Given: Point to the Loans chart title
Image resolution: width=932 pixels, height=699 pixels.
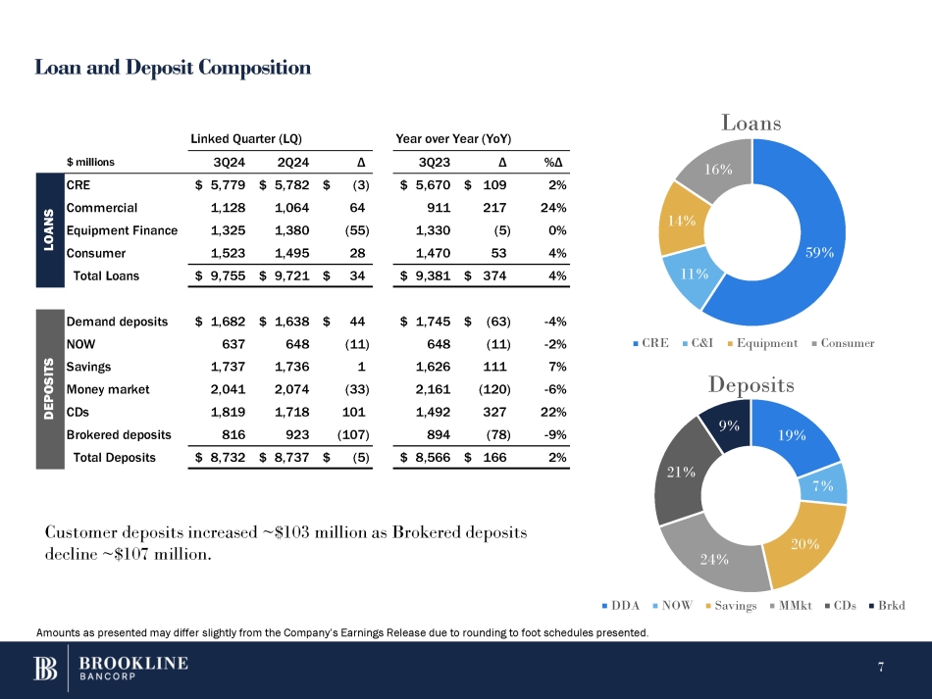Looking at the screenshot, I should click(751, 124).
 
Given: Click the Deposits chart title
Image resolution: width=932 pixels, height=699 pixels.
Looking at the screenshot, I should click(751, 385).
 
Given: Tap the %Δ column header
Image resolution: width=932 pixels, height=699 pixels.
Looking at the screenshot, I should click(554, 162).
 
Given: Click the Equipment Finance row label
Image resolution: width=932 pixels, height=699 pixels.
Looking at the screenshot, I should click(122, 230).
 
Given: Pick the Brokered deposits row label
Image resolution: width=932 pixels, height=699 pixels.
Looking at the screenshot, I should click(119, 434).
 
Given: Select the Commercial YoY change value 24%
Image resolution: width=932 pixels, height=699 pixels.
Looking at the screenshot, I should click(555, 207).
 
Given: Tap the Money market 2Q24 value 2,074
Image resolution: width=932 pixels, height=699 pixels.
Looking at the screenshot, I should click(290, 389).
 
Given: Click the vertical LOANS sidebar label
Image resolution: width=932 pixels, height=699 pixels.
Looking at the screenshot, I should click(47, 229).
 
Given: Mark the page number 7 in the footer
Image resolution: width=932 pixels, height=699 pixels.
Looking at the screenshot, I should click(881, 668).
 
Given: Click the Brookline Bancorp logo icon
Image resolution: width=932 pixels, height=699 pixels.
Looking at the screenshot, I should click(47, 668).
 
